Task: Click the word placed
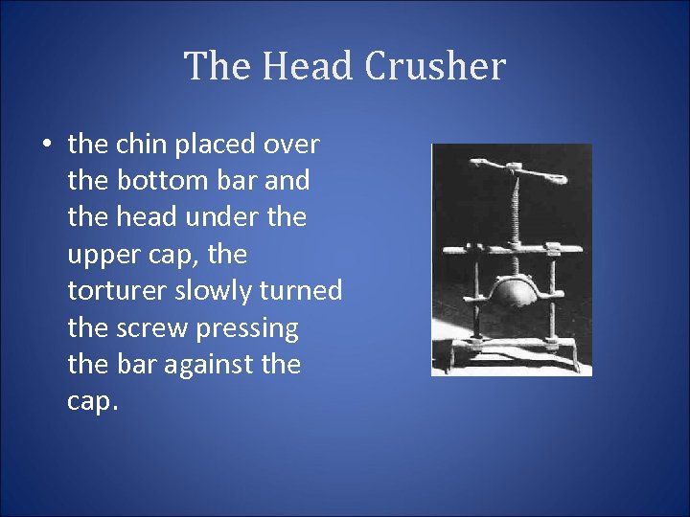click(x=214, y=145)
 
